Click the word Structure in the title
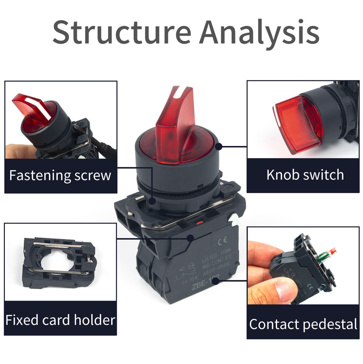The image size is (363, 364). [x=122, y=32]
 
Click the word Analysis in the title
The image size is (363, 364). [x=259, y=32]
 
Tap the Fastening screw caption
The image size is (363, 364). [x=60, y=176]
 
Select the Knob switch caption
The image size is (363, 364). [x=305, y=175]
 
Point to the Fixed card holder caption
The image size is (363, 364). [x=60, y=320]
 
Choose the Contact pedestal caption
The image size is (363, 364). [x=303, y=325]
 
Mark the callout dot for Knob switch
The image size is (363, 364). [x=218, y=146]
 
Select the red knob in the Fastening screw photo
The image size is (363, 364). [x=32, y=114]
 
